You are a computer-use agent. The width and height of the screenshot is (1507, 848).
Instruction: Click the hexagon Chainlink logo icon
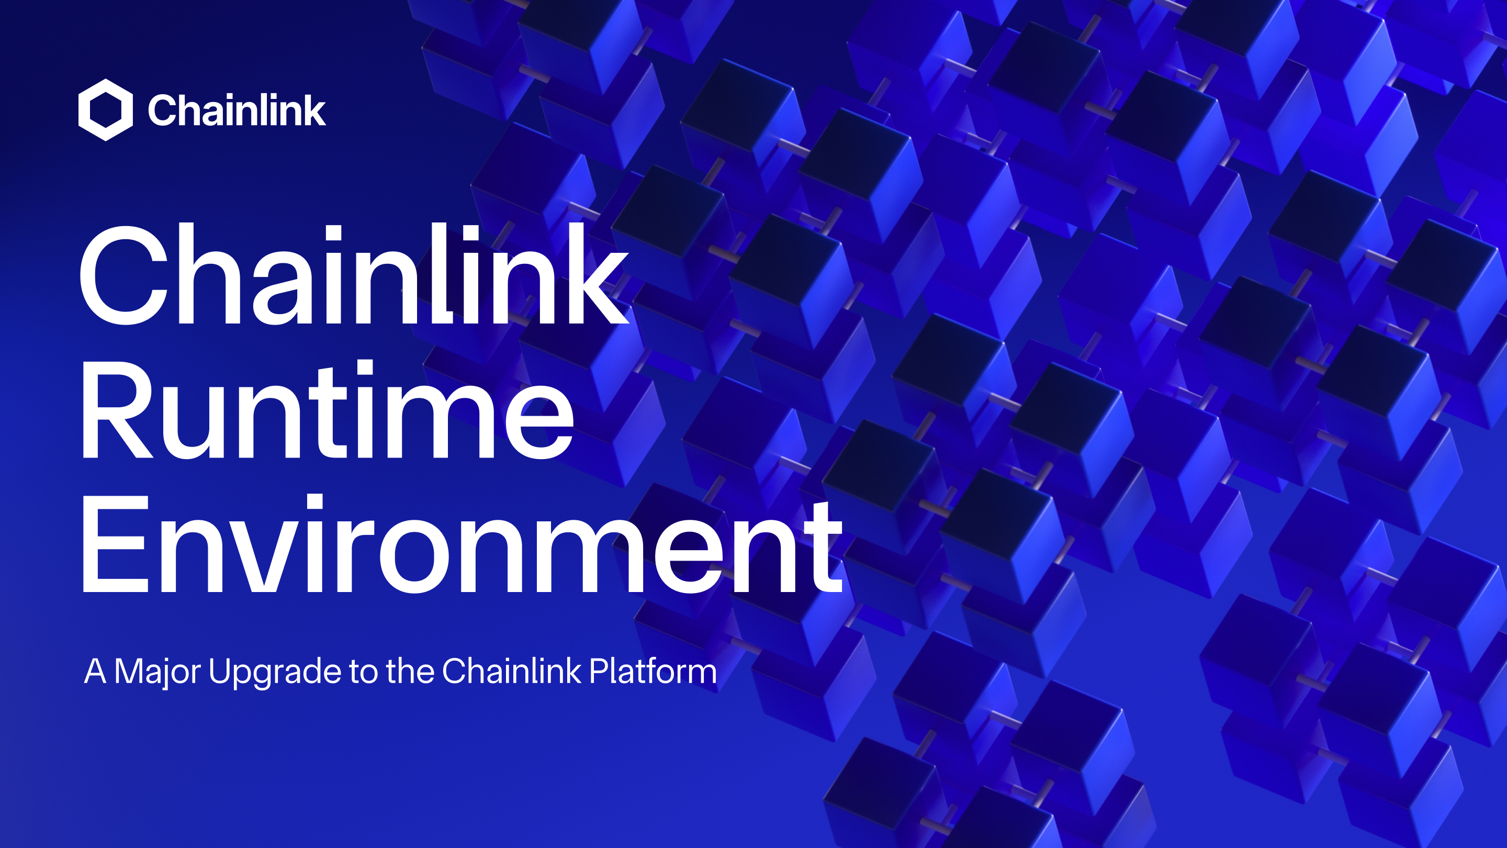[x=105, y=110]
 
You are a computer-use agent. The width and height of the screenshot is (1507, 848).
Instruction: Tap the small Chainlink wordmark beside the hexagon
[x=237, y=110]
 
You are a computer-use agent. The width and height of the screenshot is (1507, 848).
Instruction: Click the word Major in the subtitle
[x=157, y=672]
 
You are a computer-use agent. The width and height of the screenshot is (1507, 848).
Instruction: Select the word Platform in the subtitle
[x=653, y=671]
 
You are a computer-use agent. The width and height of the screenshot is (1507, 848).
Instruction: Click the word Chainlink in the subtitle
[x=511, y=671]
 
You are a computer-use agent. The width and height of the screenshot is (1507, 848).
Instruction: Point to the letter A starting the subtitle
[x=95, y=671]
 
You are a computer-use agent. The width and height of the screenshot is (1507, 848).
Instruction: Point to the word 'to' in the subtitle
[x=363, y=672]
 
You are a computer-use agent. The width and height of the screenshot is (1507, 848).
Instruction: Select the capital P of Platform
[x=598, y=671]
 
